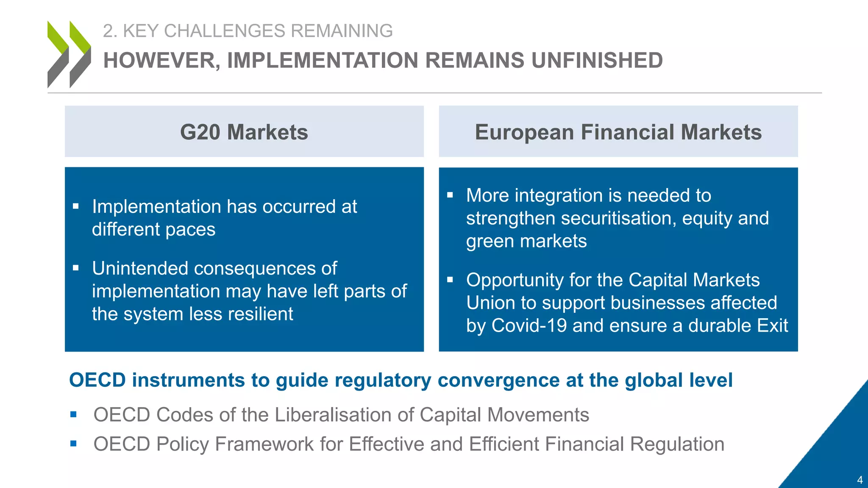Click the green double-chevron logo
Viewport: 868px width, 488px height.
69,54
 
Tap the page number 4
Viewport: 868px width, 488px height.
860,480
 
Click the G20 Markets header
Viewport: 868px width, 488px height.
244,132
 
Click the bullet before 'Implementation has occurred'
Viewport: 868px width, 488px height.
76,207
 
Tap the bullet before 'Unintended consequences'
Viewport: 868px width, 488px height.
76,268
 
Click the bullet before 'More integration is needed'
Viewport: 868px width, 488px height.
450,195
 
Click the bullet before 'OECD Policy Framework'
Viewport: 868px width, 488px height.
74,444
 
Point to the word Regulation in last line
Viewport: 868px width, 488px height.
677,444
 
